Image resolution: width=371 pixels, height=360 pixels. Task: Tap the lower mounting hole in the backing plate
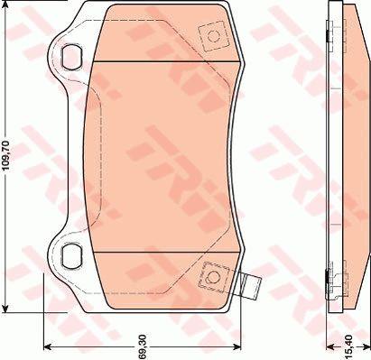coord(71,256)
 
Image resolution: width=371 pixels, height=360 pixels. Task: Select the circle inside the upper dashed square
coord(213,36)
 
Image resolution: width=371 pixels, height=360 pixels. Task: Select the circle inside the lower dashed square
coord(213,277)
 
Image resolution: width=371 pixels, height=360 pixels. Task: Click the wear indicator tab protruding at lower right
coord(251,287)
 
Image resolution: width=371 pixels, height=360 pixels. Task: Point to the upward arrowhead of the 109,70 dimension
coord(6,5)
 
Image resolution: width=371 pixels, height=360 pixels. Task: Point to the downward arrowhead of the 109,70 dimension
coord(6,309)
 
